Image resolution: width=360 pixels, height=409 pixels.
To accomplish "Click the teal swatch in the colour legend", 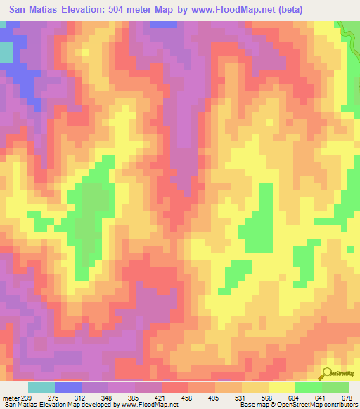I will (x=41, y=387).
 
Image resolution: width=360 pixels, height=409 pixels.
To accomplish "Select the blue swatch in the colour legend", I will (x=67, y=387).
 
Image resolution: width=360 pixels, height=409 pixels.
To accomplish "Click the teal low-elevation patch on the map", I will (x=6, y=52).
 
